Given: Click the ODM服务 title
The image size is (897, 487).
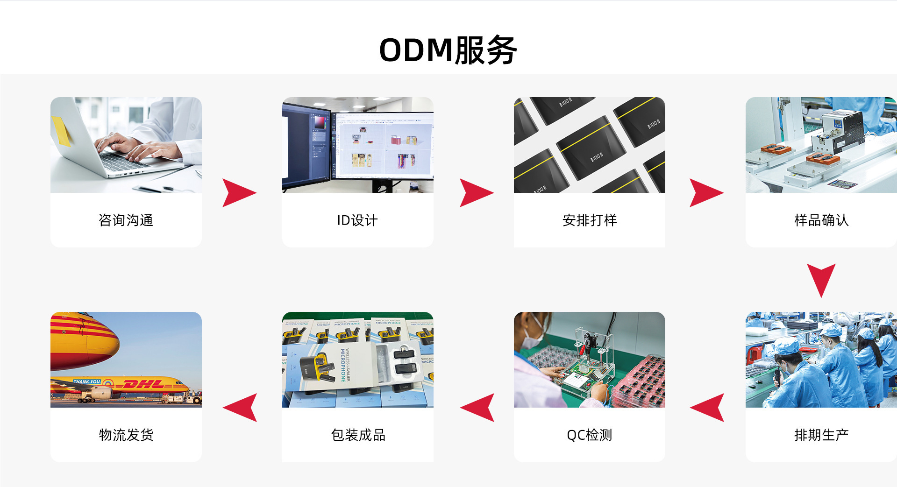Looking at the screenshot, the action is pyautogui.click(x=448, y=50).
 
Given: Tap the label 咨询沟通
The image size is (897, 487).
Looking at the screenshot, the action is pyautogui.click(x=126, y=220).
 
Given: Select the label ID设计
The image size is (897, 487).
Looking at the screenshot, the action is pyautogui.click(x=357, y=220).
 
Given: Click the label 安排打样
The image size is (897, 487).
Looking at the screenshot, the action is pyautogui.click(x=590, y=220).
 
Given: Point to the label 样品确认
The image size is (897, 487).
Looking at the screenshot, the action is pyautogui.click(x=821, y=220).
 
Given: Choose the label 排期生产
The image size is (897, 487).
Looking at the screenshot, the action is pyautogui.click(x=821, y=435).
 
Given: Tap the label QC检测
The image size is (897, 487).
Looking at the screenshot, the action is pyautogui.click(x=590, y=435).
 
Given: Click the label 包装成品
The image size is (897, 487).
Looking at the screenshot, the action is pyautogui.click(x=358, y=435).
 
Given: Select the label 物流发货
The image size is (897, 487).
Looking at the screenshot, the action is pyautogui.click(x=126, y=435).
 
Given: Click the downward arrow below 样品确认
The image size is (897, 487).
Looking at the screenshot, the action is pyautogui.click(x=821, y=279).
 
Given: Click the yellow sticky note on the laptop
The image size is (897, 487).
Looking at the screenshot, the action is pyautogui.click(x=61, y=131).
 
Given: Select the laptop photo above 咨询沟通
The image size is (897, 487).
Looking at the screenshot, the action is pyautogui.click(x=126, y=145).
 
